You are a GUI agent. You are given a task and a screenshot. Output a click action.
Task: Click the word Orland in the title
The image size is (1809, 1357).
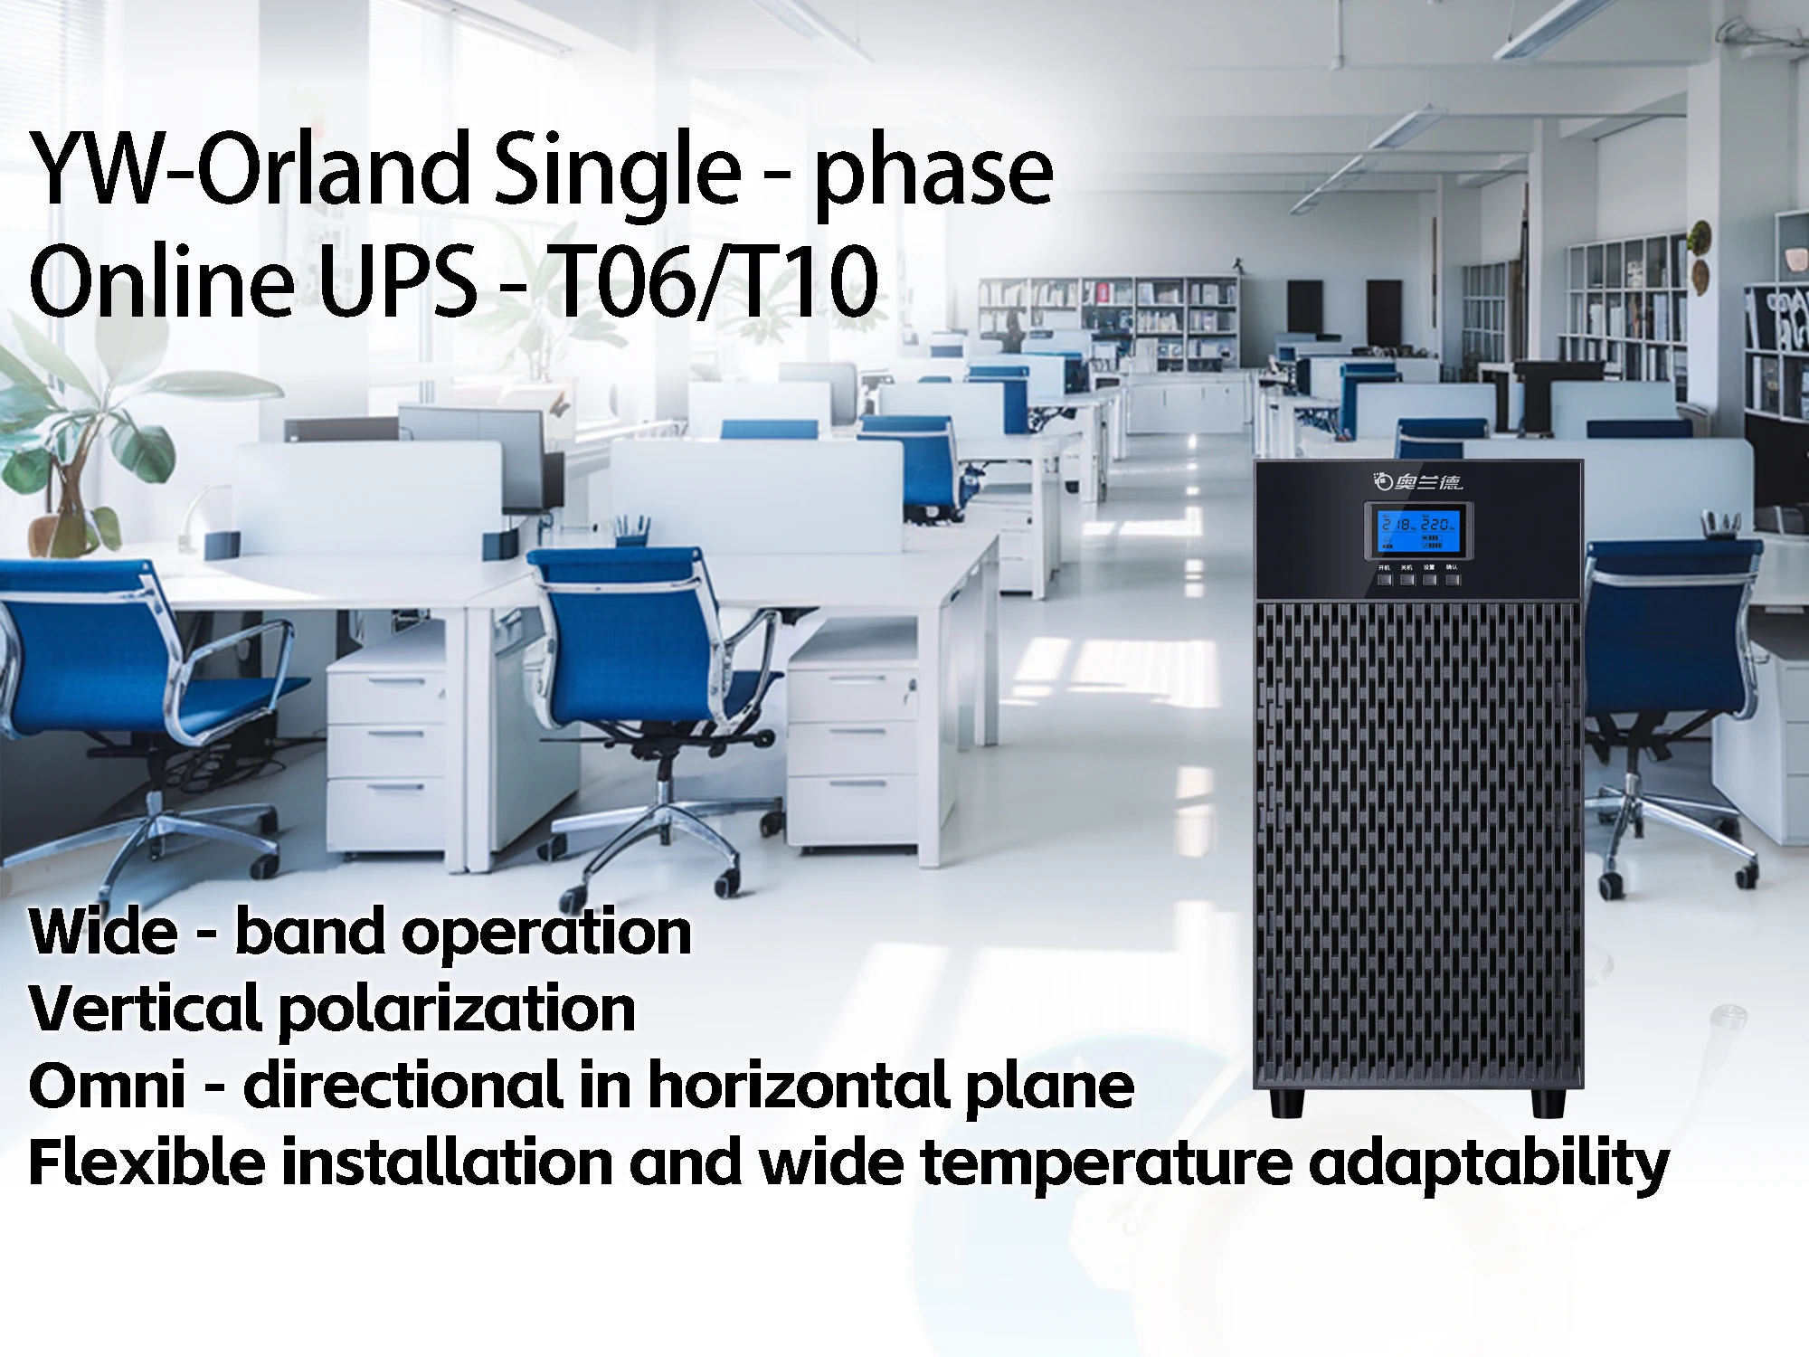334,169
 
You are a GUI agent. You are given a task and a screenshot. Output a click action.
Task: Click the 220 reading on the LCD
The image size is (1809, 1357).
1438,524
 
